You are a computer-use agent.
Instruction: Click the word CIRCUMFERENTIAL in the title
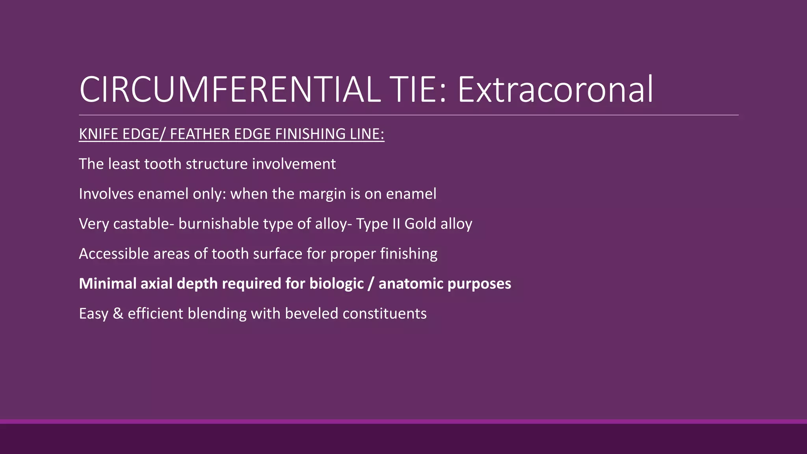coord(230,90)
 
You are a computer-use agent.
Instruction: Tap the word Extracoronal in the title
coord(555,90)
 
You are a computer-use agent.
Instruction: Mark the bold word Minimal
coord(108,284)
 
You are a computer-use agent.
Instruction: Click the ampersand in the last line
coord(117,314)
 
